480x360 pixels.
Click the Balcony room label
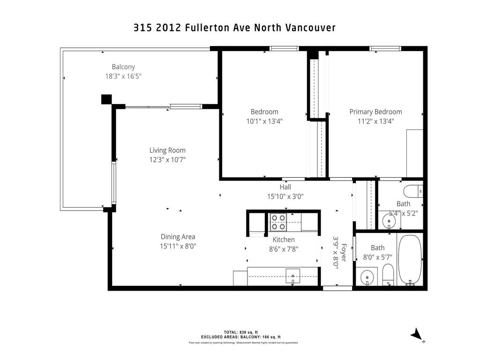click(123, 67)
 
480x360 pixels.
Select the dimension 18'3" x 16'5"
click(123, 76)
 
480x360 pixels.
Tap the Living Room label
click(167, 150)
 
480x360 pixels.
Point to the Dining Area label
click(178, 237)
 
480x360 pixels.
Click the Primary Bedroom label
click(375, 112)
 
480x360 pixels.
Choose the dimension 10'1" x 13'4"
click(264, 121)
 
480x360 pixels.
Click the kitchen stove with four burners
click(278, 222)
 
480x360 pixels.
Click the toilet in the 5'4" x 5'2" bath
click(412, 191)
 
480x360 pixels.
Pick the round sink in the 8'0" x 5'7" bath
click(367, 278)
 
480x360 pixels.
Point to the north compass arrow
click(416, 334)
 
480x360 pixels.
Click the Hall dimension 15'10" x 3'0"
click(285, 197)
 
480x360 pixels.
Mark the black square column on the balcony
click(106, 99)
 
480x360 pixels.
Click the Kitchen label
click(284, 240)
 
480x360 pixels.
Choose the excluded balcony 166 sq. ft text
click(240, 337)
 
